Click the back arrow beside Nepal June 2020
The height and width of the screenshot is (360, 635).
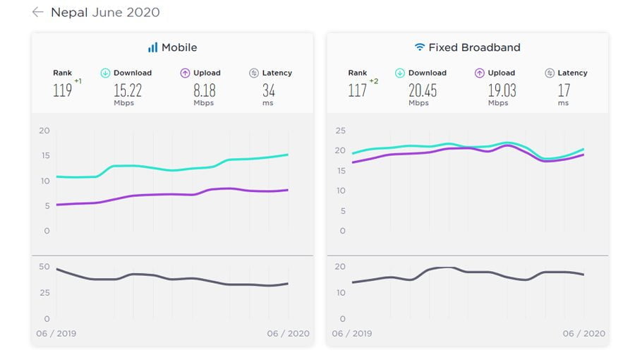(38, 12)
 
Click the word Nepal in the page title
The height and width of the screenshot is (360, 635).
(69, 12)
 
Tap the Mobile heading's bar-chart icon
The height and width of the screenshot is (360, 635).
(152, 47)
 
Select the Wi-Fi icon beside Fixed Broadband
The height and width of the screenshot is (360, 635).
(420, 47)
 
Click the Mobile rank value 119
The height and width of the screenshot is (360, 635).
(62, 90)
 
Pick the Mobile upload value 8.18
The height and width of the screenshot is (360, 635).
(204, 90)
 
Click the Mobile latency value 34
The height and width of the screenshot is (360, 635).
(268, 90)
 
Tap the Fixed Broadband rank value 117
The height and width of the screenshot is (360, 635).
(357, 90)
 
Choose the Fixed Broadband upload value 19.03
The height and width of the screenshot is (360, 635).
(501, 90)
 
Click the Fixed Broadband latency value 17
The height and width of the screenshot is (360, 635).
(563, 90)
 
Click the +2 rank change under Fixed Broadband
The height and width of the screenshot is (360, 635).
(374, 81)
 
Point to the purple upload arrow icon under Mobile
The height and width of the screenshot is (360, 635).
(185, 73)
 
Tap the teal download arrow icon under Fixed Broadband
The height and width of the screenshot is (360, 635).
(400, 73)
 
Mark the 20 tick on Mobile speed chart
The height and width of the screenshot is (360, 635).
(44, 131)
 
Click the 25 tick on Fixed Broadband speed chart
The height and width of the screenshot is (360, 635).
(340, 131)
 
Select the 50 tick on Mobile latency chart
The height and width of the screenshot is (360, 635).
(44, 267)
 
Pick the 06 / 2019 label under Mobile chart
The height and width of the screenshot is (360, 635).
(56, 333)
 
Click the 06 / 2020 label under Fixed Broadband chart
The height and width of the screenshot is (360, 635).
(583, 333)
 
